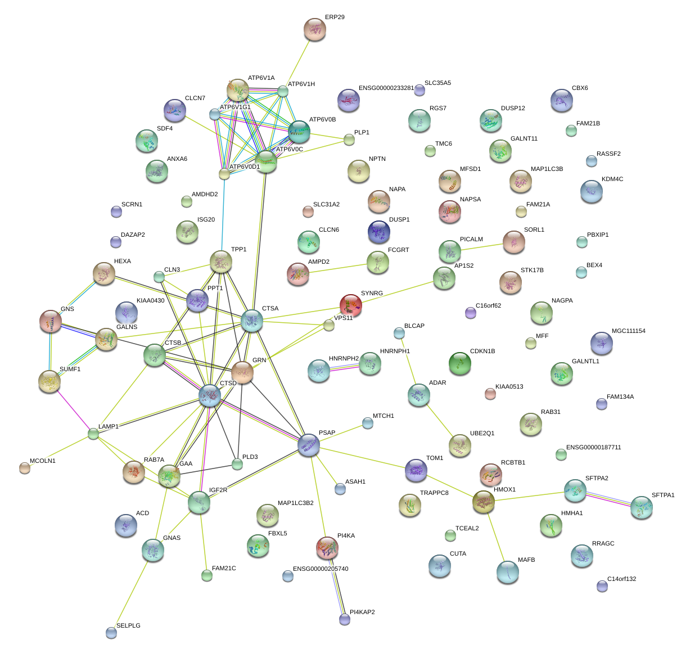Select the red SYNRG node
click(x=350, y=304)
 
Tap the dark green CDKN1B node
click(x=460, y=363)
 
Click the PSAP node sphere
click(x=308, y=444)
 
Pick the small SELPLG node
click(x=111, y=633)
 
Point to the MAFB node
click(x=508, y=572)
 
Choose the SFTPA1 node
click(x=642, y=507)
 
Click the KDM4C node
click(x=591, y=191)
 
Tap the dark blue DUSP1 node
click(x=378, y=231)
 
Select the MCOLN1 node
click(x=24, y=467)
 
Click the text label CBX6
click(x=580, y=88)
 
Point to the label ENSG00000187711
click(x=593, y=448)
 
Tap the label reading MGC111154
click(x=628, y=331)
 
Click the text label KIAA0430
click(x=150, y=301)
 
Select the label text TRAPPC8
click(x=434, y=493)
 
